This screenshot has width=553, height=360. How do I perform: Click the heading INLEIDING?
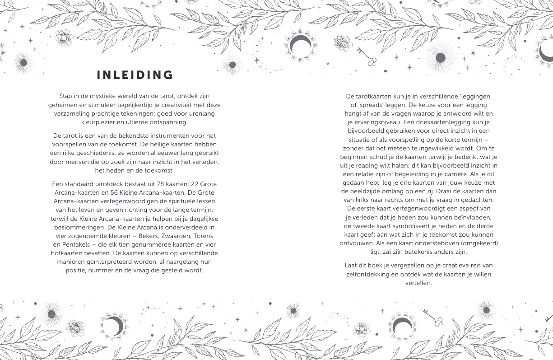coord(135,75)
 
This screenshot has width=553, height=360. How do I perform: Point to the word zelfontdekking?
coord(369,274)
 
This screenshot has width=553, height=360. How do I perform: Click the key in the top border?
coord(367,56)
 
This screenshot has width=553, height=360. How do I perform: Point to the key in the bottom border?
coord(432,318)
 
